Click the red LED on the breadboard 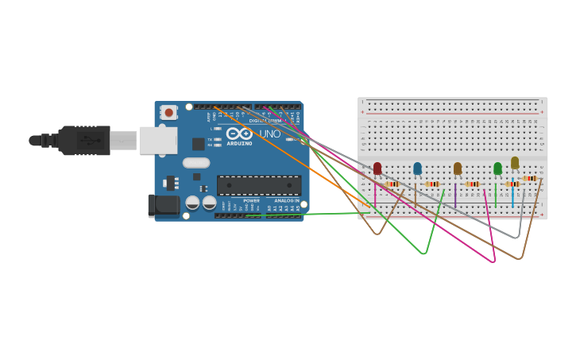[x=377, y=168]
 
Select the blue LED [x=417, y=168]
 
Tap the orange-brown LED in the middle [x=458, y=168]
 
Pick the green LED [x=497, y=168]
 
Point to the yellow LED [x=515, y=162]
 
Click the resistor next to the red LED [x=392, y=184]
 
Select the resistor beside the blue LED [x=432, y=184]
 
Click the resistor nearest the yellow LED [x=531, y=178]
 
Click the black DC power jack [x=165, y=206]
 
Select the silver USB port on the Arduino [x=158, y=140]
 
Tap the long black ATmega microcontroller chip [x=259, y=185]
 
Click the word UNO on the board [x=269, y=134]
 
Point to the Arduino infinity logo [x=239, y=134]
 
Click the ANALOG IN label [x=286, y=201]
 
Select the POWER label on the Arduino [x=251, y=201]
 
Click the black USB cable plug [x=83, y=141]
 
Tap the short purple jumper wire [x=455, y=194]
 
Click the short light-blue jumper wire [x=512, y=195]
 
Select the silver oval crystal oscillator [x=196, y=163]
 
